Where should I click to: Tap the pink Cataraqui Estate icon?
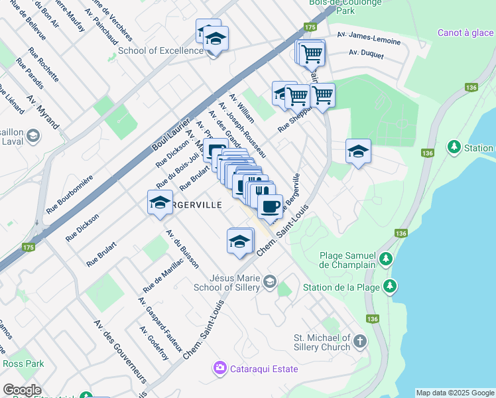tap(219, 367)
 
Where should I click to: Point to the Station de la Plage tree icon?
tap(391, 287)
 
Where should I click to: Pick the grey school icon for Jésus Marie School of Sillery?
tap(269, 283)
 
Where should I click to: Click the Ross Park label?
tap(23, 364)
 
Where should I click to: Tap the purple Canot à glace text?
tap(465, 33)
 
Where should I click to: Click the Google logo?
tap(22, 390)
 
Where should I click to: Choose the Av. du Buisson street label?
tap(182, 248)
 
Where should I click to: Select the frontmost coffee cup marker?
tap(269, 206)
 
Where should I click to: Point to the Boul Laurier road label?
tap(166, 141)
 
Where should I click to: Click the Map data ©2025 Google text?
tap(455, 393)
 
